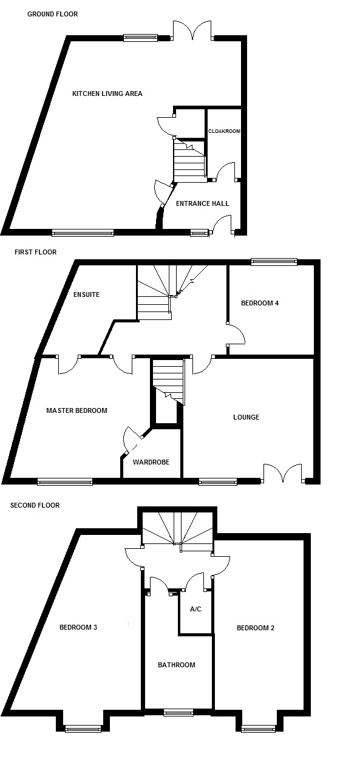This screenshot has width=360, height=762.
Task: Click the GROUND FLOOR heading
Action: (x=52, y=14)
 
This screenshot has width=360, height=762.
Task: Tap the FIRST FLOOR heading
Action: (x=35, y=252)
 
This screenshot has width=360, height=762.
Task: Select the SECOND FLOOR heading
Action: (x=35, y=505)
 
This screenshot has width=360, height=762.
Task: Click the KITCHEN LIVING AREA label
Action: (x=107, y=94)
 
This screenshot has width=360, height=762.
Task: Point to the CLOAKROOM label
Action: (x=224, y=131)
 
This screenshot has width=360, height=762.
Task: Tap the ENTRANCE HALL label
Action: (x=202, y=203)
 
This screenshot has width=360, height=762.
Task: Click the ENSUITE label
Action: (x=86, y=294)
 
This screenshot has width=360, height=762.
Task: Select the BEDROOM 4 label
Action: (x=260, y=303)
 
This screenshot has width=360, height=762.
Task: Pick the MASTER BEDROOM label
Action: (x=76, y=410)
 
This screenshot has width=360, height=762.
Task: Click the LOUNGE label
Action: (x=246, y=417)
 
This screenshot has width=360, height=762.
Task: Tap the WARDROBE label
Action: (x=151, y=462)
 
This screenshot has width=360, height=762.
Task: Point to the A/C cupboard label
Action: (x=195, y=609)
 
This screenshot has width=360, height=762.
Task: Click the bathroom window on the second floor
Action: (x=178, y=712)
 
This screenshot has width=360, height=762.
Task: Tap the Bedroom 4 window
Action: (x=274, y=262)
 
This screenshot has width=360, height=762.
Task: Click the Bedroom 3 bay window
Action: (x=83, y=729)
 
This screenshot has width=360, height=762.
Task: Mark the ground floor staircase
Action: (x=189, y=160)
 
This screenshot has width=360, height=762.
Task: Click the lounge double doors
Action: (x=283, y=473)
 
